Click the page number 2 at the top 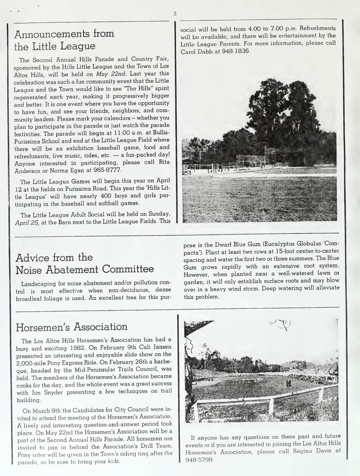(x=175, y=13)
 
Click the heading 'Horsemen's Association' (x=71, y=327)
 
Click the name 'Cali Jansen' (x=152, y=347)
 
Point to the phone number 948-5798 (x=199, y=460)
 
